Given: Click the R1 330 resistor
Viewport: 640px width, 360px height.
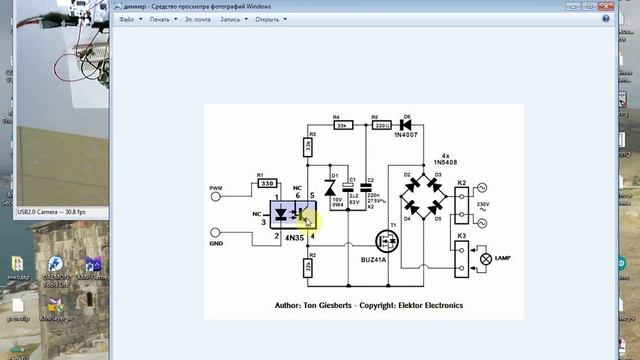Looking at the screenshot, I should (x=267, y=184).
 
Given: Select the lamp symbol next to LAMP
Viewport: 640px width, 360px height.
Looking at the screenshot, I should (x=486, y=258).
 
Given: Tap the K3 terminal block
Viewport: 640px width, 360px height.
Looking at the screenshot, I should (x=461, y=258).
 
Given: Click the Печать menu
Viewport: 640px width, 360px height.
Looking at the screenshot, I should (x=161, y=18).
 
